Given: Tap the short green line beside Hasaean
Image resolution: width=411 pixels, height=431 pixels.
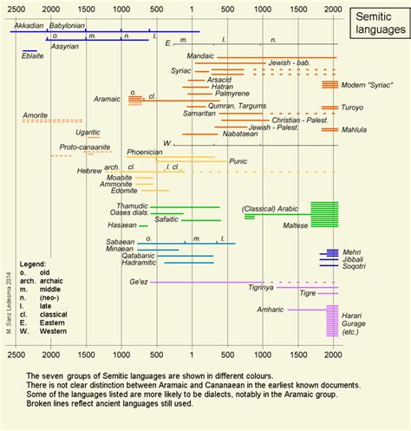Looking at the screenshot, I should coord(143,225).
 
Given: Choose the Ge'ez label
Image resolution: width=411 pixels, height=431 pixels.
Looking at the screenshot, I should coord(138,283).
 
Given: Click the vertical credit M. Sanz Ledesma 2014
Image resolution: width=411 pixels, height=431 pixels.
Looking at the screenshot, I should coord(8,309).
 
